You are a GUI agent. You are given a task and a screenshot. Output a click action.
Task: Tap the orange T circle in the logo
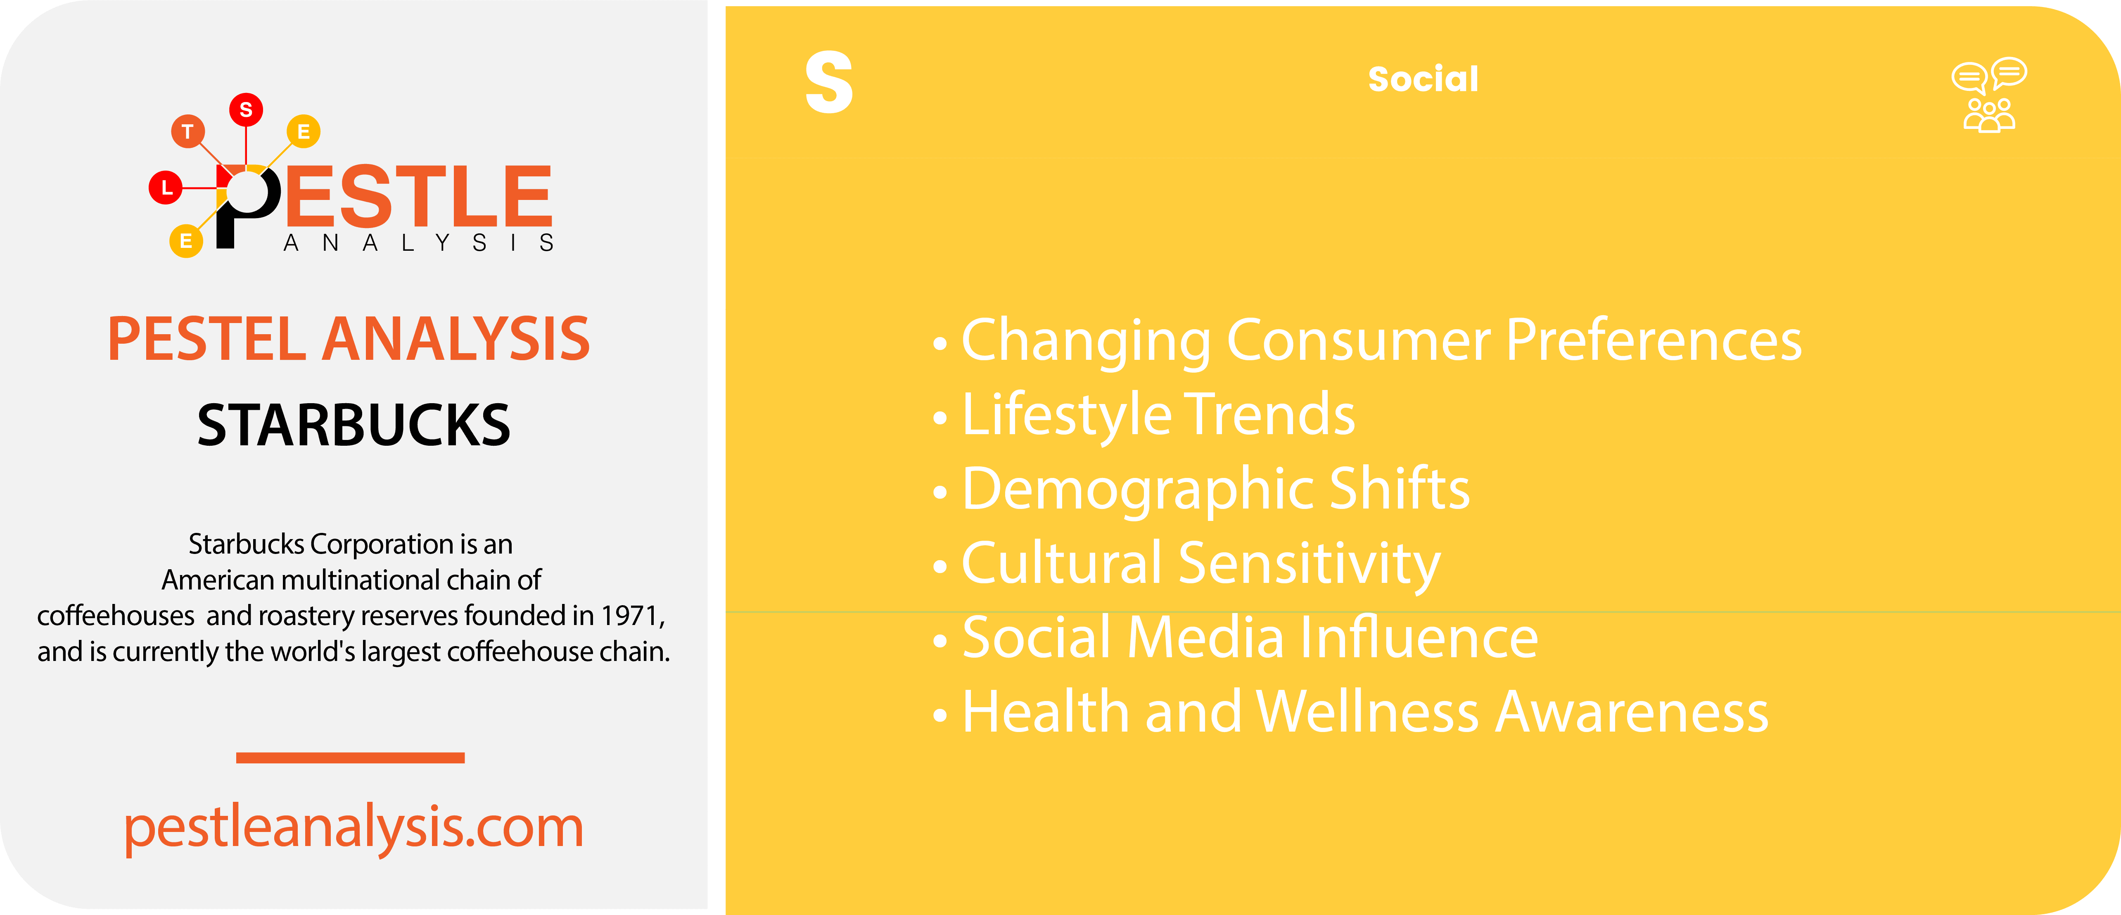[x=188, y=131]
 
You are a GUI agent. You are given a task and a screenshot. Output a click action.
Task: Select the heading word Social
[x=1423, y=79]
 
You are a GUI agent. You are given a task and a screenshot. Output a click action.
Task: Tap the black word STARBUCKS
[x=353, y=426]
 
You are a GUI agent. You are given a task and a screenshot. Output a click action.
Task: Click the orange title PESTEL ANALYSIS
[x=349, y=339]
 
